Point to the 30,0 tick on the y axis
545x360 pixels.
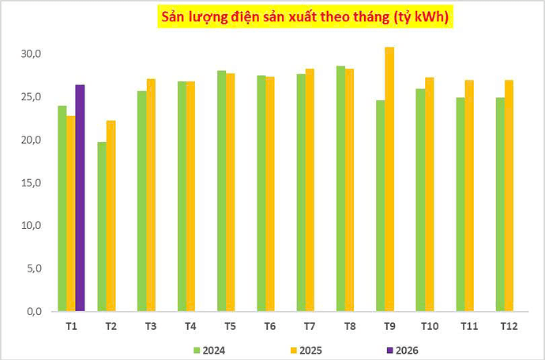click(x=32, y=54)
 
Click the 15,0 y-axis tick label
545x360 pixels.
click(x=32, y=182)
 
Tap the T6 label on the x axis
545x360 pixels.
click(x=269, y=325)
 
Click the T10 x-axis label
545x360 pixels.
click(x=429, y=325)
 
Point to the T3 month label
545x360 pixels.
click(x=150, y=325)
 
